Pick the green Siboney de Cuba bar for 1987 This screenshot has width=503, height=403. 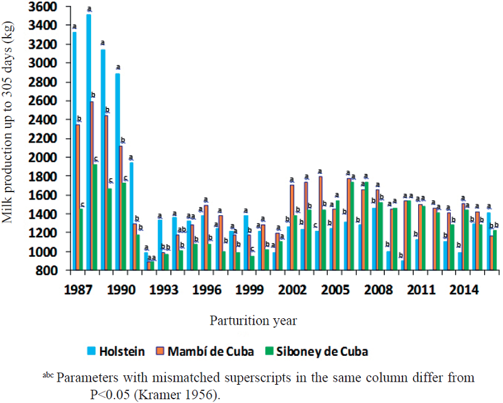[82, 239]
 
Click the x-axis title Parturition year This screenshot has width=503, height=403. [253, 320]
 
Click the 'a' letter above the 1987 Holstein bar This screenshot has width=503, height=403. [74, 27]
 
